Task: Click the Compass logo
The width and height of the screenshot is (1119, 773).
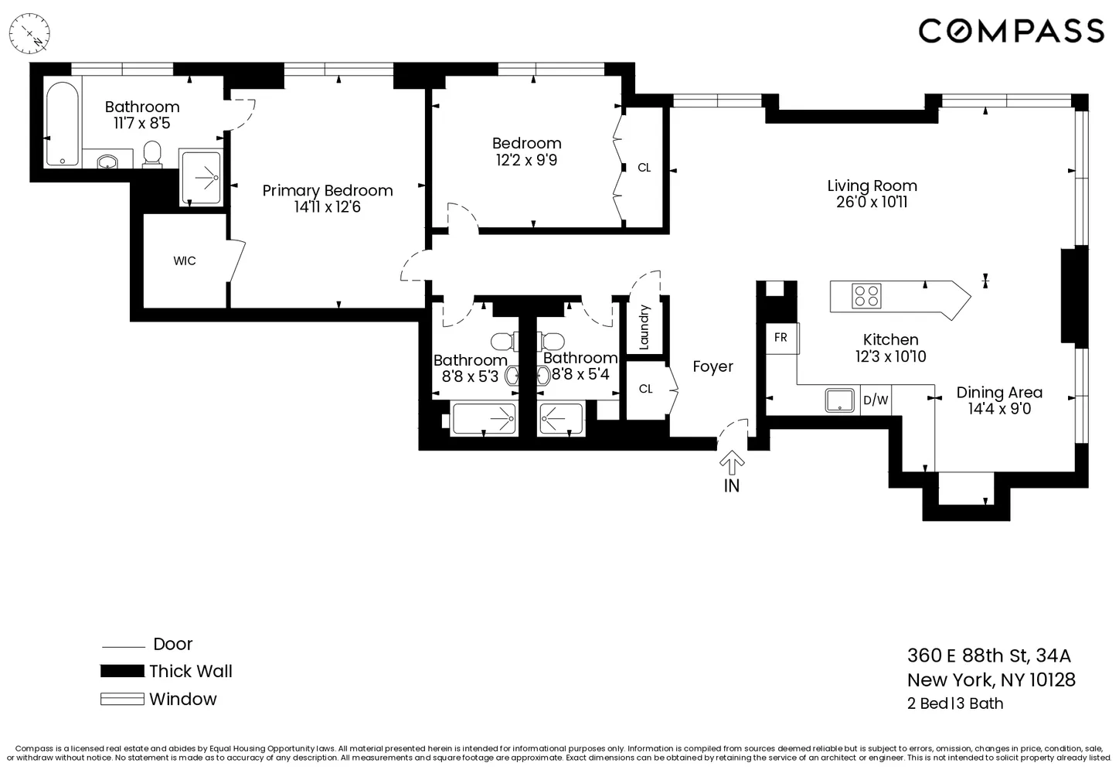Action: (1011, 31)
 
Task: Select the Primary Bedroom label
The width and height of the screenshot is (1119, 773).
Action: (328, 191)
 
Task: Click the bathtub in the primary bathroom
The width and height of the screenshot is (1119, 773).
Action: (60, 124)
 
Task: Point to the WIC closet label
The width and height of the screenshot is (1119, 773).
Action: (185, 261)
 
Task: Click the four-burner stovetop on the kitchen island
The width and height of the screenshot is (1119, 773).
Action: (866, 296)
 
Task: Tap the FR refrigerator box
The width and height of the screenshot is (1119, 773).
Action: (781, 338)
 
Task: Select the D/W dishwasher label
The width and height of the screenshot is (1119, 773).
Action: (876, 400)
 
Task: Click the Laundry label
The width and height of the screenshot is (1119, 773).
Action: (645, 327)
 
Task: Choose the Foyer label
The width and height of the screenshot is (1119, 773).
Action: (713, 367)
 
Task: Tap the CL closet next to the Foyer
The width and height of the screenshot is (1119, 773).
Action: (646, 389)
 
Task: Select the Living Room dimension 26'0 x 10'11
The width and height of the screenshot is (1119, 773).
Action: (872, 203)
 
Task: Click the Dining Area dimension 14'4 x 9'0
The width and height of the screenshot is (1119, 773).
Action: (999, 409)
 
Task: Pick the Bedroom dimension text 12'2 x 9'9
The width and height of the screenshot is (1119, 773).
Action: (526, 160)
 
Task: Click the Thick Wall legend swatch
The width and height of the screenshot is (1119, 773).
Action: (122, 671)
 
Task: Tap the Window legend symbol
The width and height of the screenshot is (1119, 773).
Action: (122, 699)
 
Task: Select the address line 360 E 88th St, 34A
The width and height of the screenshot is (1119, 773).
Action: (989, 656)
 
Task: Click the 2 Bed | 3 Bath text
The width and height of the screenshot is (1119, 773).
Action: (955, 703)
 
